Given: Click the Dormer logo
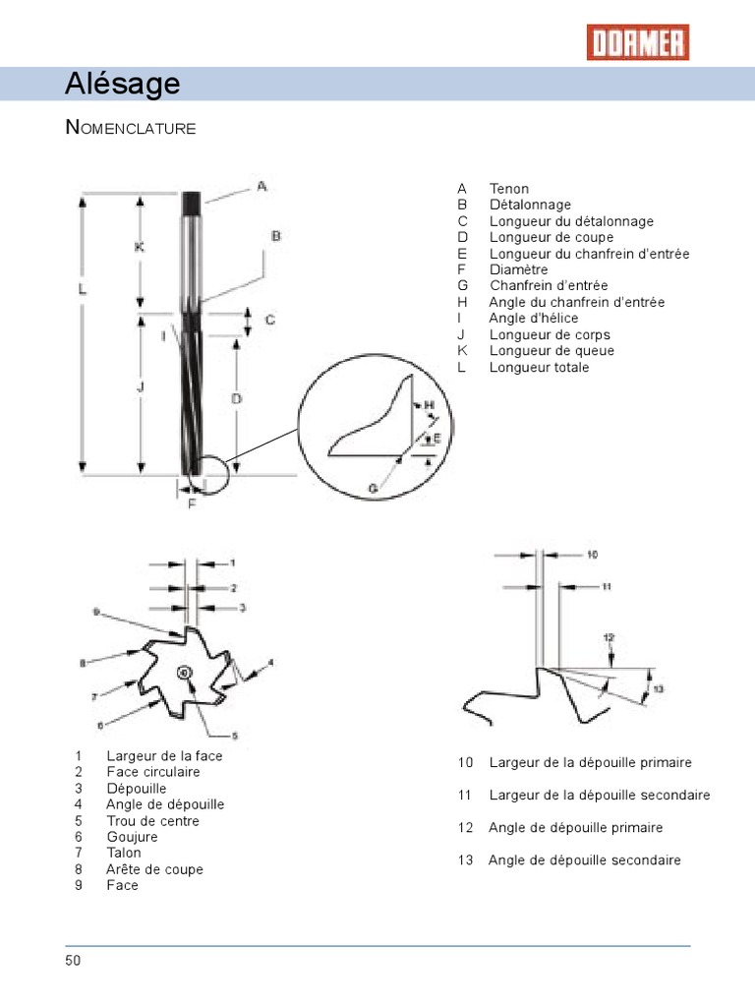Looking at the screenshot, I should click(638, 42).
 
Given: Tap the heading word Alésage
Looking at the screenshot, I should click(123, 85).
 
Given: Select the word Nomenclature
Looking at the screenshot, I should click(131, 128).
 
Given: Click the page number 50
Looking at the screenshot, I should click(74, 960).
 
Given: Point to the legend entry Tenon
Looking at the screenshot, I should click(509, 189).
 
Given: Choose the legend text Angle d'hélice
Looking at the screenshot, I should click(534, 319).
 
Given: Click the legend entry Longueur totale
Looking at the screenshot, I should click(540, 367).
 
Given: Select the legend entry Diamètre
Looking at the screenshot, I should click(519, 269).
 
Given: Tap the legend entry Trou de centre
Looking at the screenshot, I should click(152, 821).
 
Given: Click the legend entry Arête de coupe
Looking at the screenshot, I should click(154, 869).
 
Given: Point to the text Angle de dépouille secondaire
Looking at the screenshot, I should click(584, 859).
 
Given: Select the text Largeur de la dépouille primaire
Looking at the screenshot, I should click(590, 762).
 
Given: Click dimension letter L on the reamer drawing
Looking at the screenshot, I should click(84, 289).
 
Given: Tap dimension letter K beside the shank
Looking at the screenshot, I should click(140, 247).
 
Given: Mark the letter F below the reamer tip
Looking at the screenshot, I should click(192, 503).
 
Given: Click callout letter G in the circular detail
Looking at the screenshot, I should click(374, 487).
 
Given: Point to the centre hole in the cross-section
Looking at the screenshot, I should click(185, 671).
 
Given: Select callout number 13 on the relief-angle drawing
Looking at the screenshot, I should click(659, 688).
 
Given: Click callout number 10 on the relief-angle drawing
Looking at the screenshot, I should click(592, 555).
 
